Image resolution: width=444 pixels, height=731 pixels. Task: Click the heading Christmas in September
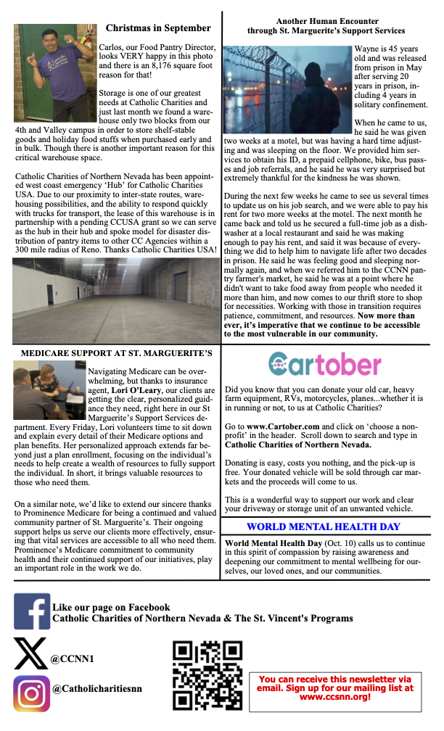pos(158,28)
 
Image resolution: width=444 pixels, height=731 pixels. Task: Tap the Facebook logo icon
pos(31,611)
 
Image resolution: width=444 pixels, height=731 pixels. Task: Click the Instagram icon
pos(31,693)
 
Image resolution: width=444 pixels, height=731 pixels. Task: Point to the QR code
pos(207,676)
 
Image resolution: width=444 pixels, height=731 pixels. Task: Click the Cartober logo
pos(324,364)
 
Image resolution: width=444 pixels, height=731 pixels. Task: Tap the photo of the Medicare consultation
pos(49,391)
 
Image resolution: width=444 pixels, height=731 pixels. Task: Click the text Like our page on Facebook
pos(111,607)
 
